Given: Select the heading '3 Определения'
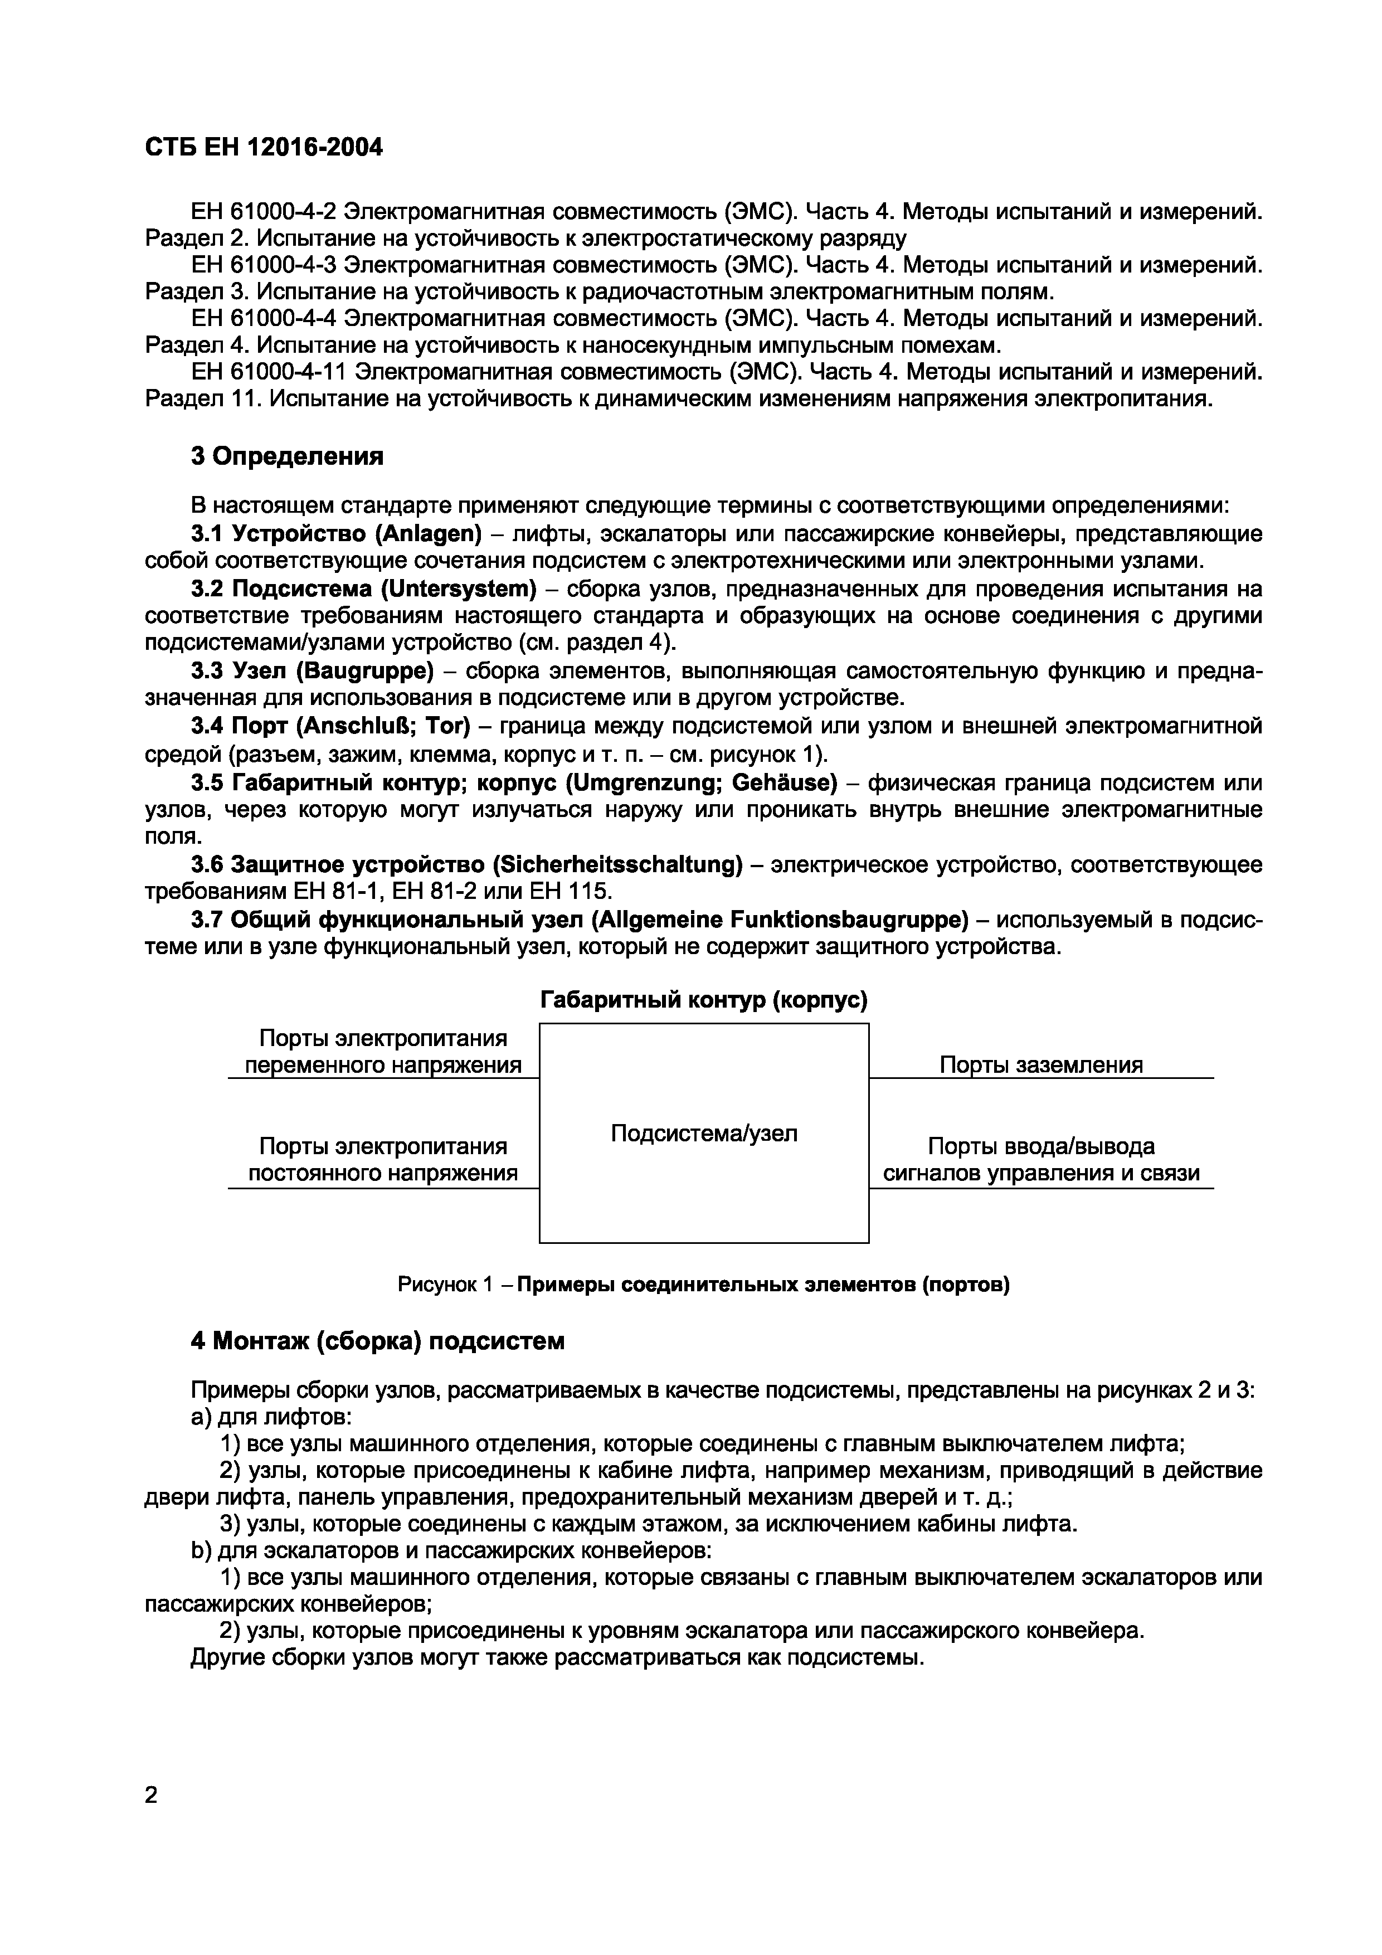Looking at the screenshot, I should click(x=287, y=456).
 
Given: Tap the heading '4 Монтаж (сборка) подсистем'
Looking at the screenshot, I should click(x=377, y=1341).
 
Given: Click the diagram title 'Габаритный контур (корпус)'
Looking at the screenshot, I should click(x=704, y=1000).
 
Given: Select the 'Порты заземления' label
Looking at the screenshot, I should click(x=1040, y=1065).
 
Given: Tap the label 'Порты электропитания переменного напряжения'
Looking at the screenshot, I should click(x=382, y=1052).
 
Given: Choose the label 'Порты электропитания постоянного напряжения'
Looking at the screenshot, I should click(x=382, y=1160).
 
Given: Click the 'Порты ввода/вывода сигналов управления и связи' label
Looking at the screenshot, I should click(x=1040, y=1160).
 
